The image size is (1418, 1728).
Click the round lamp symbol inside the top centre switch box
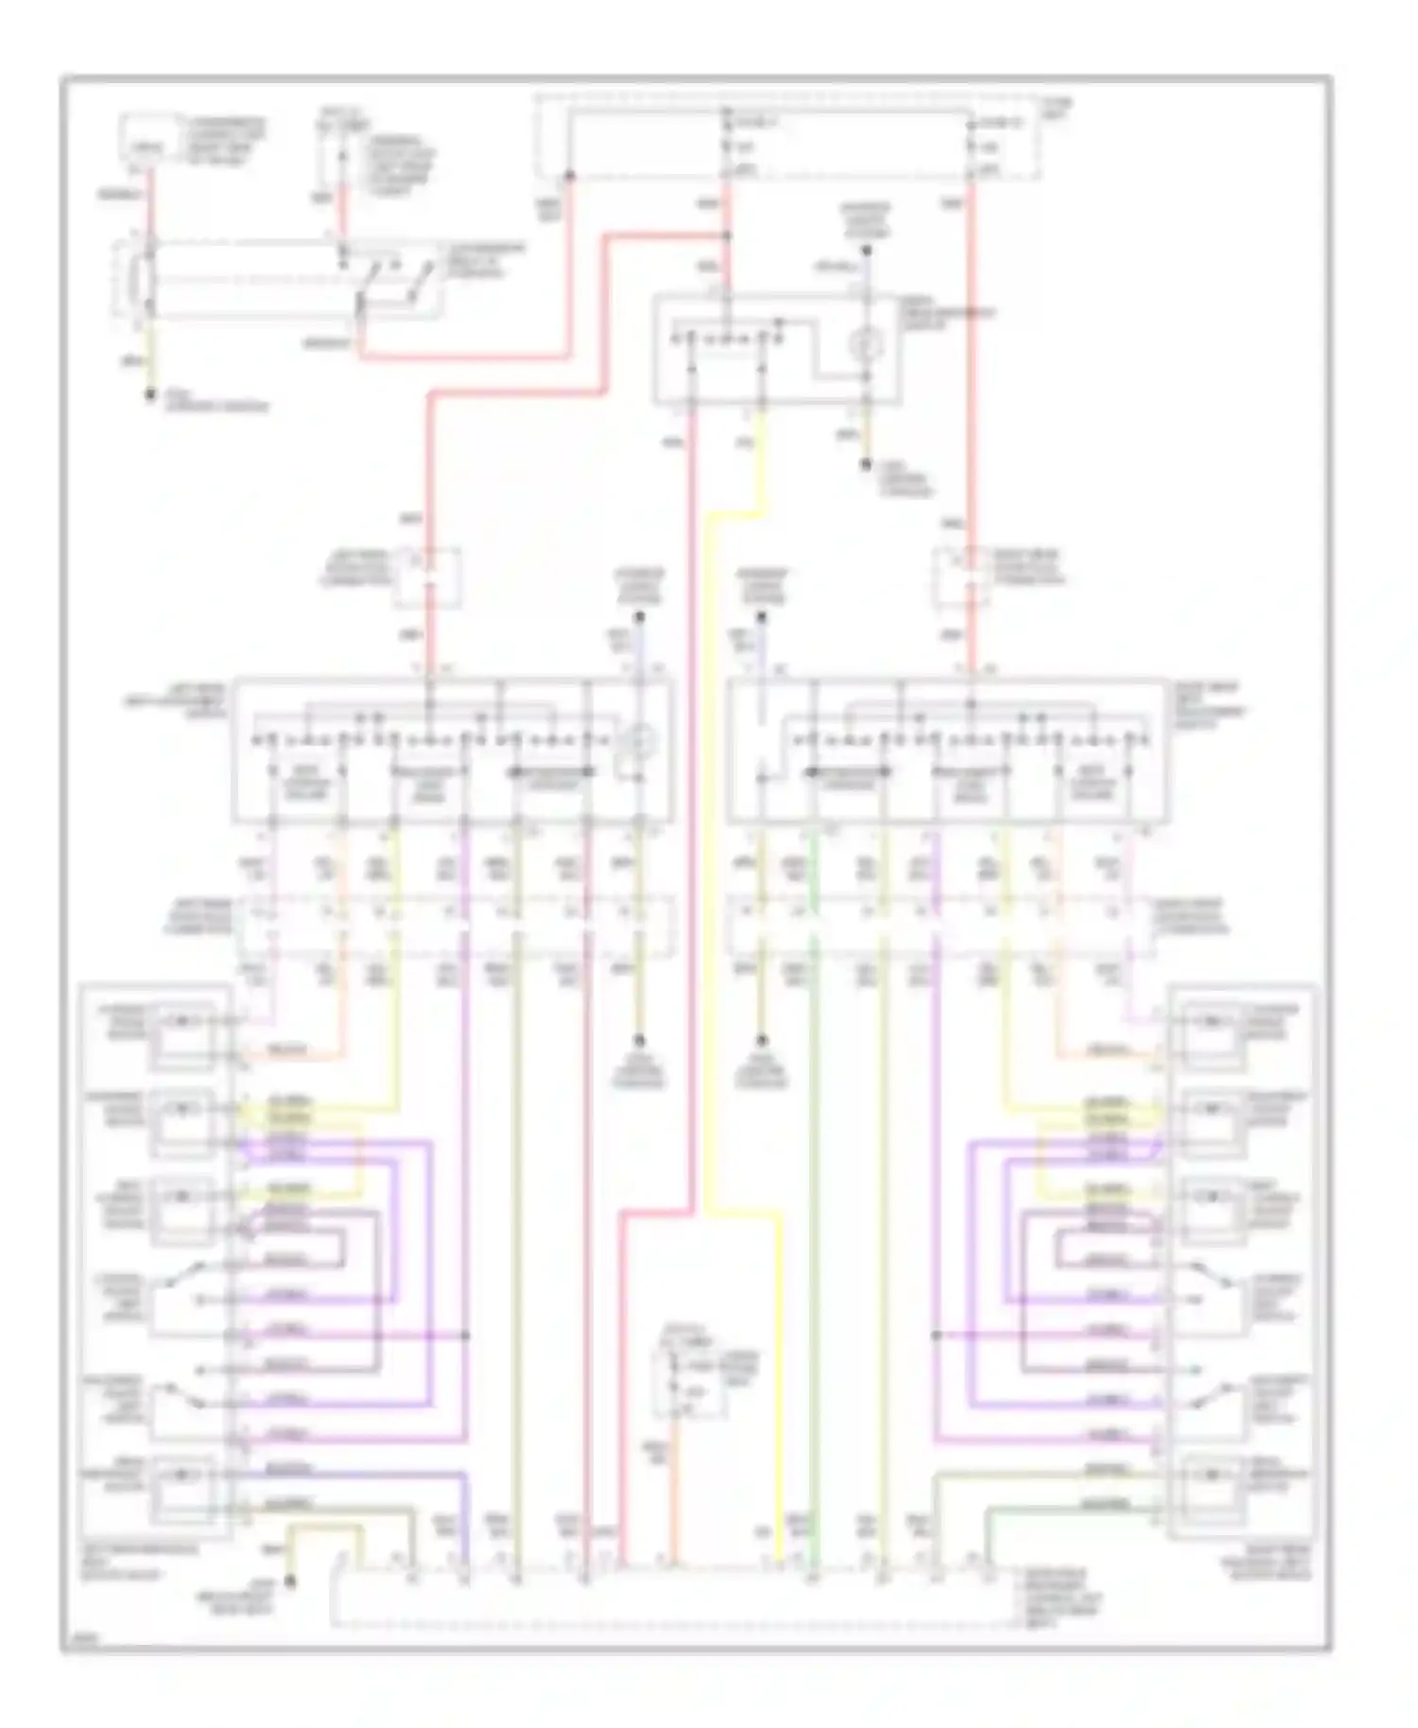(865, 346)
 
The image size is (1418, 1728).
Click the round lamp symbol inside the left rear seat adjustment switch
(639, 743)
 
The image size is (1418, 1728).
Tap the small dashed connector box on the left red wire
(428, 576)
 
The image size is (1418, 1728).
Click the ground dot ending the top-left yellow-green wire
(149, 396)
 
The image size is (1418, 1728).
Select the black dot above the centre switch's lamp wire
(865, 251)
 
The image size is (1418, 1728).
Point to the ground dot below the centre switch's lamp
(865, 464)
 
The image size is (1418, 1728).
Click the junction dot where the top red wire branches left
(727, 236)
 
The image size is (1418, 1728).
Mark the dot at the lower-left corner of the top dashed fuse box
(569, 176)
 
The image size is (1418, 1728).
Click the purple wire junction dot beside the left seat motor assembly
(466, 1336)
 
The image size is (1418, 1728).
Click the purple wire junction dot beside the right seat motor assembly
(935, 1336)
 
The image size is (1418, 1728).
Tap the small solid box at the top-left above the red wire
(144, 138)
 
